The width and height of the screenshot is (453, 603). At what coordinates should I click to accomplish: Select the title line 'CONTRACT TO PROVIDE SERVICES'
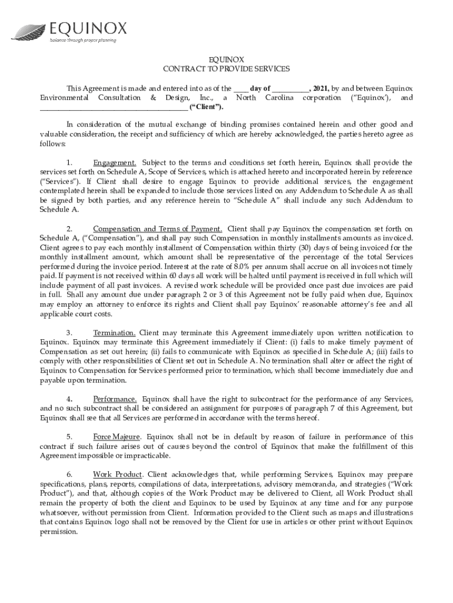pos(226,69)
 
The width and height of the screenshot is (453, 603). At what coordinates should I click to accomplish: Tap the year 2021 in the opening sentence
pos(321,87)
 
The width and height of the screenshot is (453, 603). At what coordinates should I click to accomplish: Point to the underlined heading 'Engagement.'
pos(115,163)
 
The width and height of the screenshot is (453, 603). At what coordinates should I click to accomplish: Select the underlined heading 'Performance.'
pos(115,399)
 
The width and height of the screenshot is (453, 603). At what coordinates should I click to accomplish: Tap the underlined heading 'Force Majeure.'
pos(117,436)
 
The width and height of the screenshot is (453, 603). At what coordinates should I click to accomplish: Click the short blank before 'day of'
pos(239,88)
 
